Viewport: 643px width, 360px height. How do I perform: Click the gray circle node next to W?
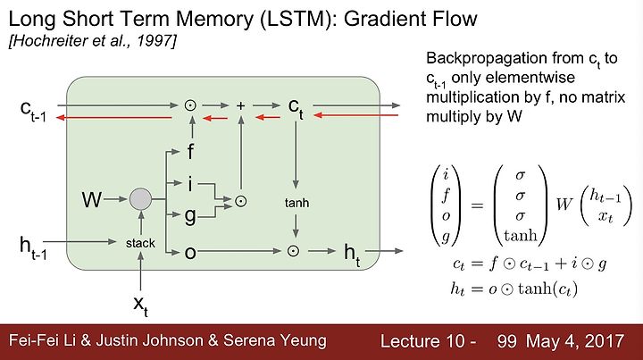click(141, 199)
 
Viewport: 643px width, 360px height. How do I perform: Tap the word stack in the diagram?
click(140, 243)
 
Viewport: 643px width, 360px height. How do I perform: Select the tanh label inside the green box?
click(296, 203)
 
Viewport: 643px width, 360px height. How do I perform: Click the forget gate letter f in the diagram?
click(190, 151)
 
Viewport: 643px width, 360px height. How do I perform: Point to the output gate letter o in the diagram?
click(190, 253)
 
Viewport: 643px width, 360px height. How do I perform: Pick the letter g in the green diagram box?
click(190, 216)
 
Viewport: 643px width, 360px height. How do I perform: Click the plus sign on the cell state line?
click(241, 105)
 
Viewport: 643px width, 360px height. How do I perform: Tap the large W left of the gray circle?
click(92, 200)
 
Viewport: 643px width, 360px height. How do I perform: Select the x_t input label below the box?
click(140, 306)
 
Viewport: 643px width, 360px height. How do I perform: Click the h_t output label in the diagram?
click(352, 254)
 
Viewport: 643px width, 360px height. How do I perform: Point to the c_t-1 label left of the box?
click(33, 110)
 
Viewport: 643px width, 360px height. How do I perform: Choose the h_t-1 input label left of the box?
click(33, 248)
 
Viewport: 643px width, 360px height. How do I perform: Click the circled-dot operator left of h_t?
click(293, 251)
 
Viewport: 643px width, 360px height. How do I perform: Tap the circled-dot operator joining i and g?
click(241, 201)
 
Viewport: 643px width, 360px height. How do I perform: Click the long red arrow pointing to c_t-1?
click(114, 118)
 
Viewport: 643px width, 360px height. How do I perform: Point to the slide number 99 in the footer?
click(506, 341)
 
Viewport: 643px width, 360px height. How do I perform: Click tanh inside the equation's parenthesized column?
click(521, 235)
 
